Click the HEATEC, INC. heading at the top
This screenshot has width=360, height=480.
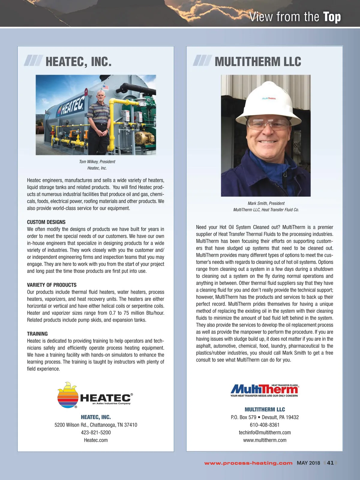(78, 61)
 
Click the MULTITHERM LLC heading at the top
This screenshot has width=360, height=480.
(258, 61)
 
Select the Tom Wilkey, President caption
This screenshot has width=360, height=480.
(97, 162)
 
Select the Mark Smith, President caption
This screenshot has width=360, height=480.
(266, 203)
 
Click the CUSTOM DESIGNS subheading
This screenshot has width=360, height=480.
(46, 222)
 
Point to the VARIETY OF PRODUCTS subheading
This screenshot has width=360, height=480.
(52, 285)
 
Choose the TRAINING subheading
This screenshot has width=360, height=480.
(37, 334)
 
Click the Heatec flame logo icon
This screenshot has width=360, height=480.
(68, 395)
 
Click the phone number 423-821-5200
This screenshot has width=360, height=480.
(96, 433)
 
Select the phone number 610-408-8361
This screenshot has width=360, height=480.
(265, 425)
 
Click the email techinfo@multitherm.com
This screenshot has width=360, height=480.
(265, 433)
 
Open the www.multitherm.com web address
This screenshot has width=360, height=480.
(265, 440)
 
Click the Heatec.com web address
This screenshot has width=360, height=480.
(96, 440)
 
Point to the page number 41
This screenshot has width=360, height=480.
(330, 463)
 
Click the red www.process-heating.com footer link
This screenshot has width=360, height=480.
(248, 463)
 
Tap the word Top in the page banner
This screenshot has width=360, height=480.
(332, 17)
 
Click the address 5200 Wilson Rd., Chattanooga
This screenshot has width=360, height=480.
(96, 425)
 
